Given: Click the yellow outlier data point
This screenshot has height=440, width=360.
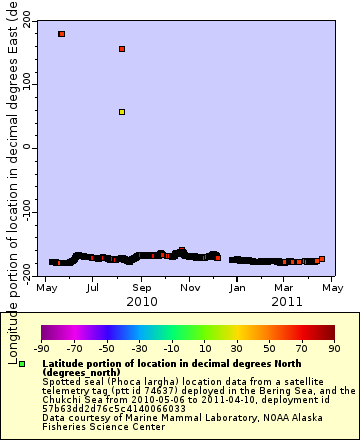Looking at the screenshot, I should [122, 112].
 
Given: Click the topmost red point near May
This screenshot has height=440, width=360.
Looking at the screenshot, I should [62, 34].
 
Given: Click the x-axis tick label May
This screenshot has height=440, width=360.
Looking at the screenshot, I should [47, 286].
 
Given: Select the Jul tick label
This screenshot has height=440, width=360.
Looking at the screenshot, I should [93, 286].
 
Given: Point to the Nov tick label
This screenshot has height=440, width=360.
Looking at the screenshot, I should [189, 286].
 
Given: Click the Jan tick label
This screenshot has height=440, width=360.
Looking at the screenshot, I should [237, 286].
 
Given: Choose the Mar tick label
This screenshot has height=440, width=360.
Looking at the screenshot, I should [283, 286].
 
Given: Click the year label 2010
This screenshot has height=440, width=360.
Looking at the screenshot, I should [142, 300].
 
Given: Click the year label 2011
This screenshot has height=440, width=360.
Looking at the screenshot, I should [286, 300].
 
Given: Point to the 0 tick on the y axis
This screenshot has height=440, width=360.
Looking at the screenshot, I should [29, 147].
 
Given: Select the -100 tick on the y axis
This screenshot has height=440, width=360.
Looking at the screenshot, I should [23, 212].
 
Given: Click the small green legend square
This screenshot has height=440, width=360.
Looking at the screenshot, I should [22, 363].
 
